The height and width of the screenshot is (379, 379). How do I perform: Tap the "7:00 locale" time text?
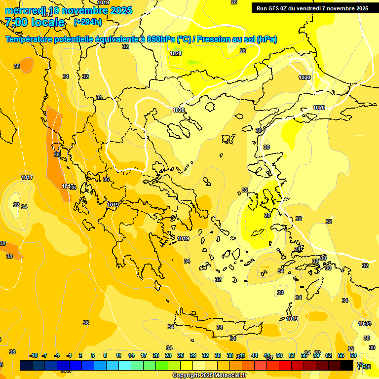coord(35,22)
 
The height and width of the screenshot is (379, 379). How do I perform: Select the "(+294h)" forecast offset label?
coord(88,22)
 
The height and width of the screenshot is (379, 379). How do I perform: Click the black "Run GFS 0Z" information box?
coord(312,8)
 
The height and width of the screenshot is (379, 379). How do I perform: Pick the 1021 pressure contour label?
coord(175,53)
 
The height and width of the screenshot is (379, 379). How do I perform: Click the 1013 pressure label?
coord(68,186)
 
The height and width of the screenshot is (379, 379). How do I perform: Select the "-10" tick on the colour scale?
coord(34,355)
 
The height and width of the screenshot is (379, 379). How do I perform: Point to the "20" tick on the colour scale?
coord(155,355)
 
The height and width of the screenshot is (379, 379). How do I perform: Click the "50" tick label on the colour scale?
coord(279,355)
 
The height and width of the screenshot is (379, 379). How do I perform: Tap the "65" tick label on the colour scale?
coord(341,355)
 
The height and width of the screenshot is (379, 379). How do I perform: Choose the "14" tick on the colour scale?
coord(131,355)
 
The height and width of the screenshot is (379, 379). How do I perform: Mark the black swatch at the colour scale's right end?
coord(347,365)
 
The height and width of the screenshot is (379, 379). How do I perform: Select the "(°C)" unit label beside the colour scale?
coord(362,366)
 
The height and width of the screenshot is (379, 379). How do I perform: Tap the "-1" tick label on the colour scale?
coord(69,355)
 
